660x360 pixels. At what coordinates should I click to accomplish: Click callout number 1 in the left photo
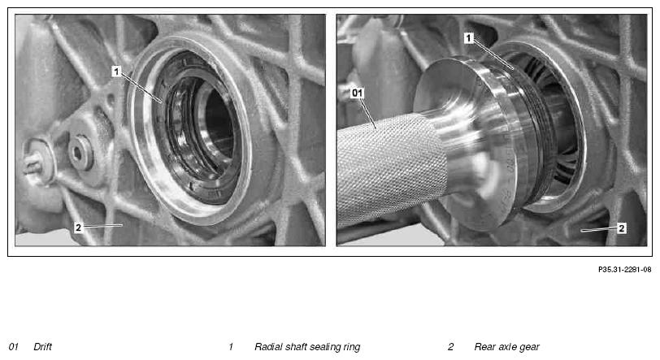tap(116, 72)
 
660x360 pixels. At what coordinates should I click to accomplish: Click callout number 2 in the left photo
tap(78, 228)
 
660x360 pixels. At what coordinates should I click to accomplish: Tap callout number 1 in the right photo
tap(469, 38)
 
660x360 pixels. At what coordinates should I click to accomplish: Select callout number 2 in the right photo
tap(622, 228)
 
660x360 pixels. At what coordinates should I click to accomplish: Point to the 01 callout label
tap(357, 93)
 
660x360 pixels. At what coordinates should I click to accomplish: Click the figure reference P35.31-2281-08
tap(624, 270)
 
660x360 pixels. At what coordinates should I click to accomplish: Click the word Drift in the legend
tap(42, 346)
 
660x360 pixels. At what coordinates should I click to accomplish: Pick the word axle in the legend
tap(507, 346)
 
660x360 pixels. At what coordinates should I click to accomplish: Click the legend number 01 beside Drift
tap(14, 346)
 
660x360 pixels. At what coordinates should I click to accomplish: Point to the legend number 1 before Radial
tap(231, 346)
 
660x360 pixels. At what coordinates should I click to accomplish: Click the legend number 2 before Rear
tap(451, 346)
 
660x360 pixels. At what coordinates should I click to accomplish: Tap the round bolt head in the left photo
tap(80, 152)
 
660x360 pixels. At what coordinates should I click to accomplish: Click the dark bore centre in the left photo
tap(219, 125)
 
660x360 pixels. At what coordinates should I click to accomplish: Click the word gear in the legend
tap(529, 347)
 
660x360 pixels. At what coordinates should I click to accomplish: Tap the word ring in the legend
tap(352, 347)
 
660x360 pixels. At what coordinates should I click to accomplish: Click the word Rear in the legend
tap(484, 346)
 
